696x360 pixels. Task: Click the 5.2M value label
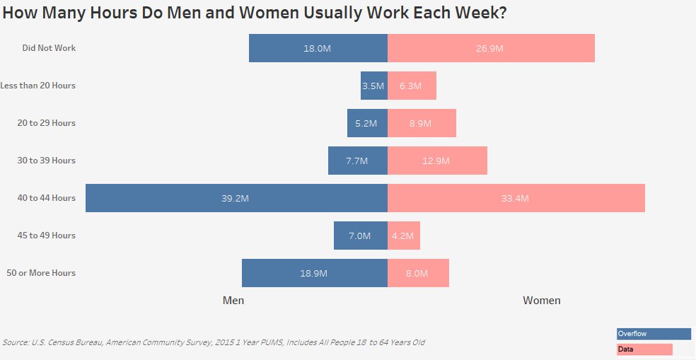[x=366, y=123]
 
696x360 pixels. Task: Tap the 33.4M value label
[x=515, y=198]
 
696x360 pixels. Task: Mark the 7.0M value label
[x=359, y=236]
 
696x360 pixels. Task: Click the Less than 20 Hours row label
[x=37, y=86]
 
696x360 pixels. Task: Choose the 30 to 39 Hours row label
[x=46, y=161]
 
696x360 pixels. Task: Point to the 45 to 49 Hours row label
[x=46, y=236]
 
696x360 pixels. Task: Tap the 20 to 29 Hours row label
[x=46, y=123]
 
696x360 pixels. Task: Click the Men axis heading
[x=233, y=301]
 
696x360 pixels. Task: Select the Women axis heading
[x=542, y=301]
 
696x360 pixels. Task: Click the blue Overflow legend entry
[x=653, y=334]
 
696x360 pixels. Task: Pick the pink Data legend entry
[x=644, y=349]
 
